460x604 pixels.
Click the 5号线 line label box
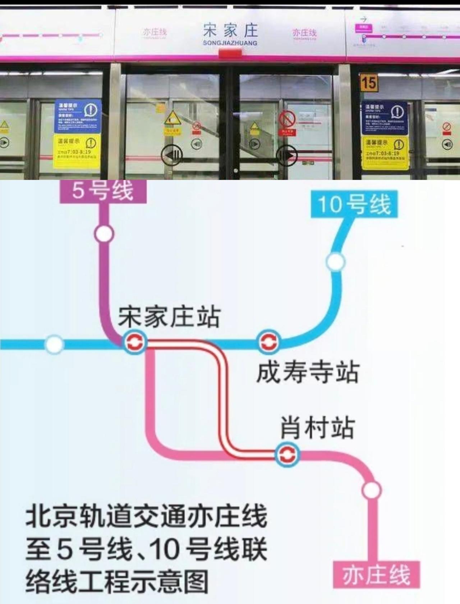coord(103,191)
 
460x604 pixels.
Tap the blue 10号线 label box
coord(354,204)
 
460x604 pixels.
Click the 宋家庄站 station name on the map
coord(169,317)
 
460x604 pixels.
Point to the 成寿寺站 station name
coord(308,372)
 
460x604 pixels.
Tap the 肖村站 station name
coord(317,428)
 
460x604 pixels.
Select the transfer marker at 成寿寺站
coord(268,342)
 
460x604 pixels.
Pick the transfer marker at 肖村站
coord(287,455)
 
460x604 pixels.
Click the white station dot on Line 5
coord(104,234)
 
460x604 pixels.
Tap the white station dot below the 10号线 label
coord(336,262)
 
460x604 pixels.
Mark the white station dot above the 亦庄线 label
coord(372,490)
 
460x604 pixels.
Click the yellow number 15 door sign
coord(368,83)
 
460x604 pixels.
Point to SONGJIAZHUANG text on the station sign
coord(230,43)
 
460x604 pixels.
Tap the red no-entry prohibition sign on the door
coord(287,119)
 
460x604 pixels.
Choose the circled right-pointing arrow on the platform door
coord(287,156)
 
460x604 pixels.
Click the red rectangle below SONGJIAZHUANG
coord(230,54)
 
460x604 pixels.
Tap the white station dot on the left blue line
coord(54,344)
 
